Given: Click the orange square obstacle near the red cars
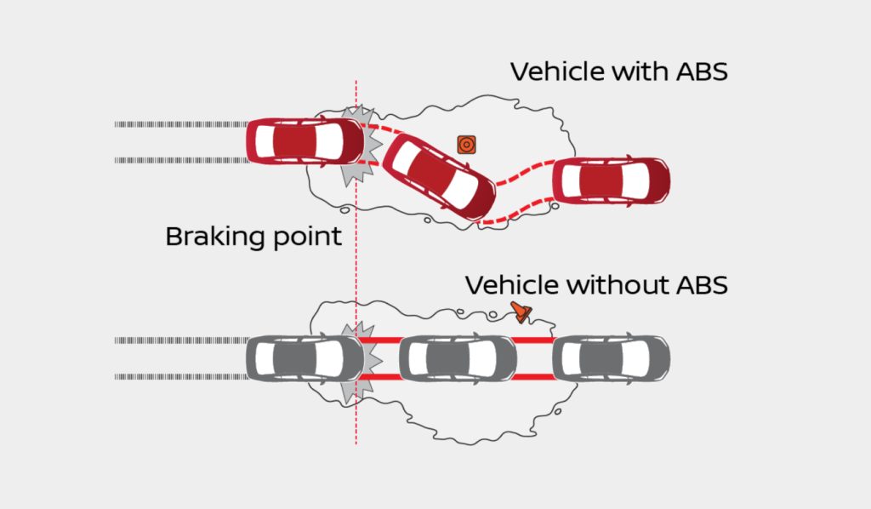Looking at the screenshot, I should (x=465, y=145).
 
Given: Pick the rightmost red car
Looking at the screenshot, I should (x=612, y=180).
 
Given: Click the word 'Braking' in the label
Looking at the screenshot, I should (x=215, y=236).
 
